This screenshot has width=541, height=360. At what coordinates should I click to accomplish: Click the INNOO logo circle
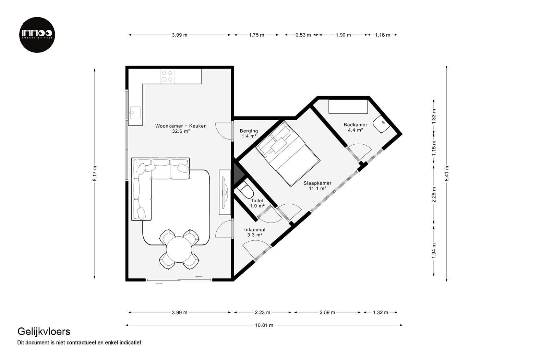click(x=37, y=35)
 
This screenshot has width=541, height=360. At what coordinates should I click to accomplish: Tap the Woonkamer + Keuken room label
click(x=181, y=129)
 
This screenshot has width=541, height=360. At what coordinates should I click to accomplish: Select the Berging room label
click(x=249, y=133)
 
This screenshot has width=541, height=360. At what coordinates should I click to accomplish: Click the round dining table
click(x=179, y=250)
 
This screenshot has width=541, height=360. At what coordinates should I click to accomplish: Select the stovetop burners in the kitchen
click(x=167, y=76)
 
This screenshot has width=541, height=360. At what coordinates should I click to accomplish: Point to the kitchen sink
click(x=135, y=113)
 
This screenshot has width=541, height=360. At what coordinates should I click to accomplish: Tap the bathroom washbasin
click(x=381, y=124)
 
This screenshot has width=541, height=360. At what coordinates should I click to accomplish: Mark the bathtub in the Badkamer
click(x=348, y=107)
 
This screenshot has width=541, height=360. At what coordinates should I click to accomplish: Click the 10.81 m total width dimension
click(x=264, y=325)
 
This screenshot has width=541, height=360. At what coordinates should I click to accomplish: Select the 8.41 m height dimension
click(x=447, y=173)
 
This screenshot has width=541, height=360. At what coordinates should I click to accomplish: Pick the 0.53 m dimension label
click(x=303, y=35)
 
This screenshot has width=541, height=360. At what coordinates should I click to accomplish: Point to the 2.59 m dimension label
click(x=327, y=312)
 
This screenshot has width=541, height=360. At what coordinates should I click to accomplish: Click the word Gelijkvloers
click(x=44, y=332)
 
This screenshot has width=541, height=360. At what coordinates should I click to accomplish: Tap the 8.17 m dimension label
click(x=95, y=173)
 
